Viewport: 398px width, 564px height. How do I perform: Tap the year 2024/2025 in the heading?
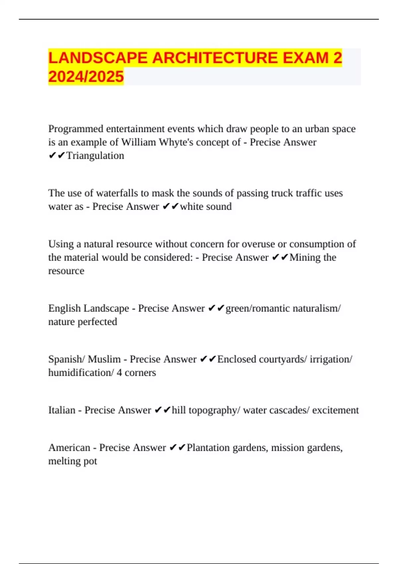pyautogui.click(x=86, y=77)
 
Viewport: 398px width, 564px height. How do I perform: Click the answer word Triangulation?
pyautogui.click(x=95, y=156)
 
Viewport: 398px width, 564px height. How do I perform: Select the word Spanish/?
pyautogui.click(x=67, y=359)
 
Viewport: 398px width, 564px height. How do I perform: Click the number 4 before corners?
pyautogui.click(x=119, y=373)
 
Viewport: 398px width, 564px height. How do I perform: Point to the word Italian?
pyautogui.click(x=62, y=410)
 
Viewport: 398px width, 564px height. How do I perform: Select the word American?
pyautogui.click(x=69, y=448)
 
